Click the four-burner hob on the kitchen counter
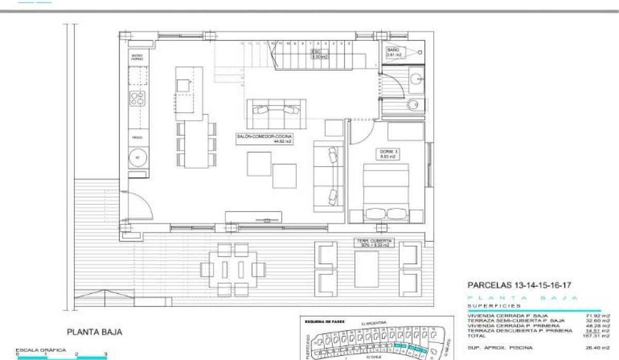(x=137, y=97)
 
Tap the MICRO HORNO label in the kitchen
(x=137, y=57)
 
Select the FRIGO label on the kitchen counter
(x=137, y=138)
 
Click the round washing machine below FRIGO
(x=138, y=158)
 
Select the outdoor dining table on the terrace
(x=233, y=269)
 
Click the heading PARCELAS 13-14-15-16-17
(x=518, y=285)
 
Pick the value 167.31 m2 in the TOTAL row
(x=600, y=335)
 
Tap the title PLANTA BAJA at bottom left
(x=94, y=332)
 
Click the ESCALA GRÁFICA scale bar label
(x=41, y=350)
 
